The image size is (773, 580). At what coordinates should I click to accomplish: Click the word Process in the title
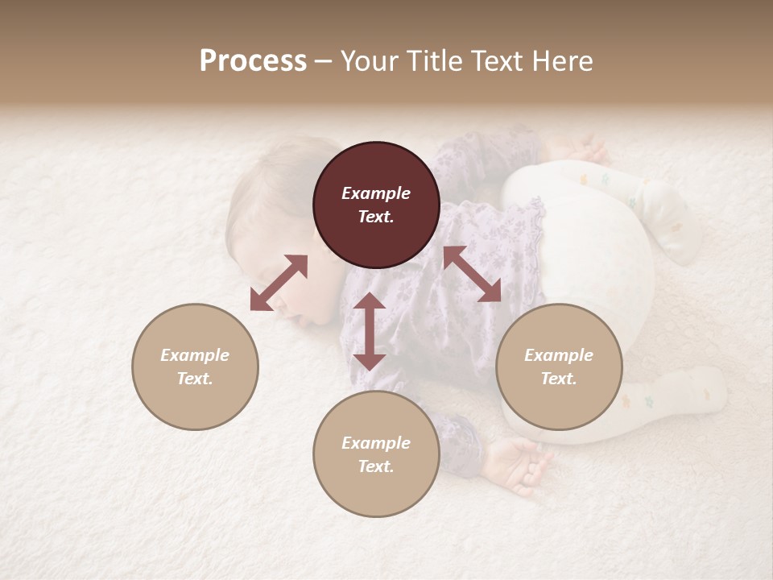pyautogui.click(x=253, y=61)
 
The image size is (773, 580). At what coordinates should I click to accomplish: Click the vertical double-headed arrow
pyautogui.click(x=370, y=331)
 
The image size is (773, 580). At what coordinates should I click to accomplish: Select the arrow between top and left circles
pyautogui.click(x=279, y=283)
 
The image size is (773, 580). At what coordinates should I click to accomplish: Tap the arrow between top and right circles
pyautogui.click(x=472, y=274)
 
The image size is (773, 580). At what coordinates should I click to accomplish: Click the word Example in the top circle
pyautogui.click(x=376, y=193)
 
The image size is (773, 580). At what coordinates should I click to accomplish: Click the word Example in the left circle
pyautogui.click(x=195, y=355)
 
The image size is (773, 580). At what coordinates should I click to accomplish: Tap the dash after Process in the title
pyautogui.click(x=323, y=62)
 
